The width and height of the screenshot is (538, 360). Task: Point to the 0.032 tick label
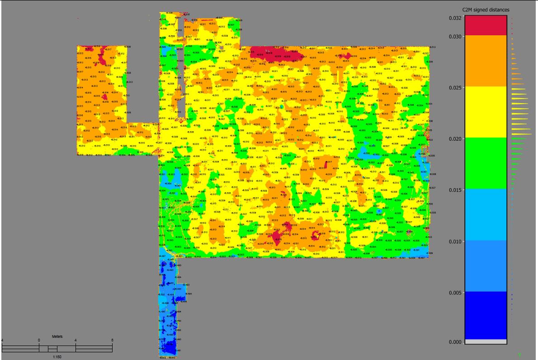click(455, 18)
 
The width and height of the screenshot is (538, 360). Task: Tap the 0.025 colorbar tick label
click(455, 88)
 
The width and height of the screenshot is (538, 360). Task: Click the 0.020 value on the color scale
click(455, 139)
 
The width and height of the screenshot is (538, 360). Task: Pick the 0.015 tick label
click(455, 190)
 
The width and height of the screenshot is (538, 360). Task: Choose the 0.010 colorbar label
click(455, 242)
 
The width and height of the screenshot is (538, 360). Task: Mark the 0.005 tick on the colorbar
click(455, 293)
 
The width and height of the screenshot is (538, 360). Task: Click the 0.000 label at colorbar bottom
click(455, 342)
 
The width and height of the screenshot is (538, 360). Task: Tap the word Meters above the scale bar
click(57, 336)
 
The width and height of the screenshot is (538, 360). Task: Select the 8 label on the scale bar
click(112, 340)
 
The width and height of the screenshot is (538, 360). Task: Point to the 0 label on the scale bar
click(39, 340)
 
